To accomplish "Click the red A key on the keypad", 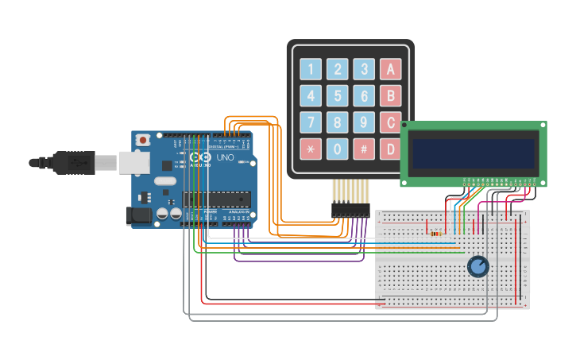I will [390, 70].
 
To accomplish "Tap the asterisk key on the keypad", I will [311, 149].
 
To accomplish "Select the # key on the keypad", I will [364, 149].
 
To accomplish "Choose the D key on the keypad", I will [390, 149].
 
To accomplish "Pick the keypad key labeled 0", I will [338, 149].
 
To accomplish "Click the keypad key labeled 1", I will [311, 70].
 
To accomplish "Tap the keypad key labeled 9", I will [364, 122].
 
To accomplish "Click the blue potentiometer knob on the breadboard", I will [477, 266].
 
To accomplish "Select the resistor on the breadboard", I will [435, 234].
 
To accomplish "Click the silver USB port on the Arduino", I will [134, 162].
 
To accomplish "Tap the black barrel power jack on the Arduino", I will [140, 215].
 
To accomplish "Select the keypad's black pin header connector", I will [350, 211].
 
